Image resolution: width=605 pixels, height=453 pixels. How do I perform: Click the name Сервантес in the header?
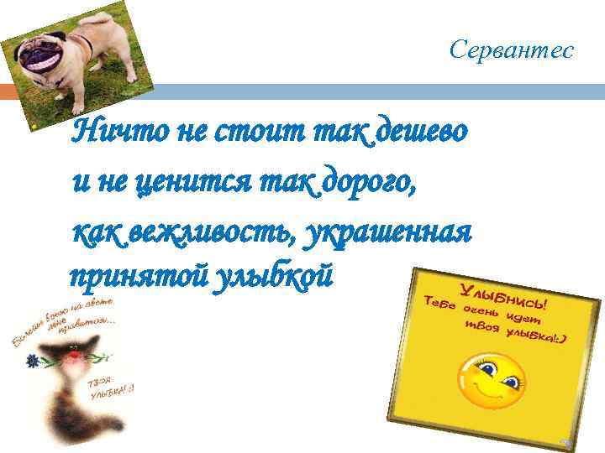[x=511, y=51]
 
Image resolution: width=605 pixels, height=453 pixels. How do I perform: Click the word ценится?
[x=176, y=179]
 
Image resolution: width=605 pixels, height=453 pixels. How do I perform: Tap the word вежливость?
[x=207, y=227]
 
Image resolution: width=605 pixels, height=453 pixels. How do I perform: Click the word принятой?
[x=125, y=275]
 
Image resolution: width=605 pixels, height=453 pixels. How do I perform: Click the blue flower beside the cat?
[x=33, y=362]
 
